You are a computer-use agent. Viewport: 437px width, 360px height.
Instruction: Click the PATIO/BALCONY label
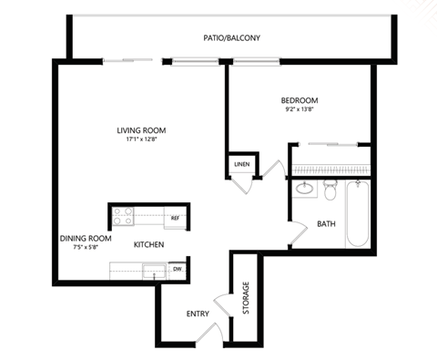point(232,38)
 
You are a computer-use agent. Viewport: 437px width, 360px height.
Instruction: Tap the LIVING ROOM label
point(141,129)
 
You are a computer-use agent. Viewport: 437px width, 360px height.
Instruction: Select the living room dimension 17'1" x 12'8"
point(141,139)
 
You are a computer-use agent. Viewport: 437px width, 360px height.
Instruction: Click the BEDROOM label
point(300,100)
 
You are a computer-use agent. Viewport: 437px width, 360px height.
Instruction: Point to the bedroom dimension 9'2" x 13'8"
point(300,110)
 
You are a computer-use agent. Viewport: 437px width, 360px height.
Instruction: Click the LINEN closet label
point(241,164)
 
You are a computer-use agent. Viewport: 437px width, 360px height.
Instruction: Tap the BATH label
point(326,223)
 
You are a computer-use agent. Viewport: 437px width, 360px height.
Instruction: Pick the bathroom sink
point(304,190)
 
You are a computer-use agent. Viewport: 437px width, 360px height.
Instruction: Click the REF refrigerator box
point(174,218)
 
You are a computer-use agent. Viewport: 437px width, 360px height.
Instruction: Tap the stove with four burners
point(123,217)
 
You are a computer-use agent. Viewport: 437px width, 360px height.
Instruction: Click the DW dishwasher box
point(177,270)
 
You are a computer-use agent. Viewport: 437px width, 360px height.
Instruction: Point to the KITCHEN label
point(148,244)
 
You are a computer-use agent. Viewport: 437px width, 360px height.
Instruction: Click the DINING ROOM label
point(86,238)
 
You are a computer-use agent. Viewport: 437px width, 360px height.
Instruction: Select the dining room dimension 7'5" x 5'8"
point(86,248)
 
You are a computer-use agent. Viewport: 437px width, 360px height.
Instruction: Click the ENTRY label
point(198,314)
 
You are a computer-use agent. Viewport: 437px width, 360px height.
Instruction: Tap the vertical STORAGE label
point(246,298)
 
